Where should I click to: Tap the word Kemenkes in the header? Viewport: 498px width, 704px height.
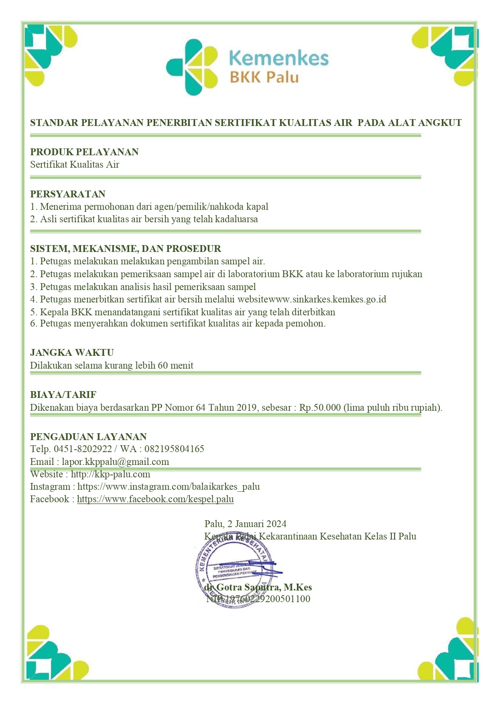279,58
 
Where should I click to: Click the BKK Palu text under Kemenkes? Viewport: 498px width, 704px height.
264,77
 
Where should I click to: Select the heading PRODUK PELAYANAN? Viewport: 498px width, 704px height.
84,152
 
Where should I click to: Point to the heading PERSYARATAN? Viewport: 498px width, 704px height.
68,194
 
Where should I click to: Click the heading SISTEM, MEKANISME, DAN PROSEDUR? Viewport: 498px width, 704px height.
126,249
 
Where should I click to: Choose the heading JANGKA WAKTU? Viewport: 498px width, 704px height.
72,353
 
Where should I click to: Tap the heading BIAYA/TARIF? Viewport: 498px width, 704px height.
63,395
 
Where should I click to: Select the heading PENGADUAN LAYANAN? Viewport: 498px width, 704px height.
88,437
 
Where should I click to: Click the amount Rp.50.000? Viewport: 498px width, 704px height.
320,408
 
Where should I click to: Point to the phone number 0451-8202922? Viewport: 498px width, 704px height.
83,449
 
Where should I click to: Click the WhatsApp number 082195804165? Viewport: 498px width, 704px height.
174,449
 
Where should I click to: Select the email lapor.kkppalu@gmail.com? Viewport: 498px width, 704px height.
115,462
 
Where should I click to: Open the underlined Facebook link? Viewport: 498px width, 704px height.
155,499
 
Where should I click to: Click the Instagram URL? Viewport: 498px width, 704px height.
169,487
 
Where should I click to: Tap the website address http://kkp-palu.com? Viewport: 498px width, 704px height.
110,474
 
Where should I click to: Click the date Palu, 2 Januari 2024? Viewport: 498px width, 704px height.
245,524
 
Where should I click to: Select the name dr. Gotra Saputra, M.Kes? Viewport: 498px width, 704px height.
258,587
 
